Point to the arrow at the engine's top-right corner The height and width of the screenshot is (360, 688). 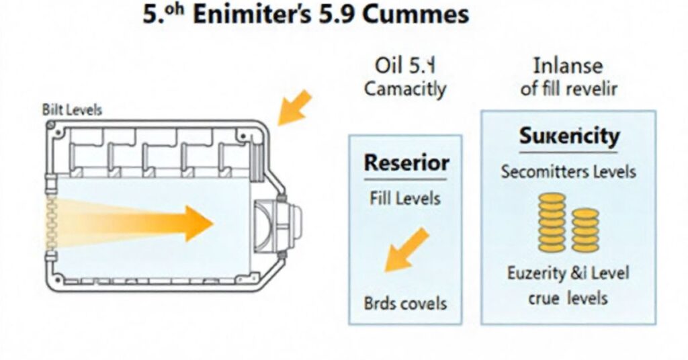coord(294,108)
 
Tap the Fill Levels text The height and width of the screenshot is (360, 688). coord(405,199)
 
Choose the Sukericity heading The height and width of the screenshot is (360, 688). coord(568,136)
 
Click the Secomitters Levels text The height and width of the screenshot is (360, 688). coord(568,172)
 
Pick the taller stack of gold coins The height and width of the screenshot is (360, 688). coord(552,222)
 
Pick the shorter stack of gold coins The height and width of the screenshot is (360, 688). coord(585,230)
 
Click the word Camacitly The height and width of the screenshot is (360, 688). coord(404,89)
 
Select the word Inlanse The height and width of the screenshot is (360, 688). coord(568,66)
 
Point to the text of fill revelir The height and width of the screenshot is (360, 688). coord(568,89)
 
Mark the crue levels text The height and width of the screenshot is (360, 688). coord(568,298)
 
